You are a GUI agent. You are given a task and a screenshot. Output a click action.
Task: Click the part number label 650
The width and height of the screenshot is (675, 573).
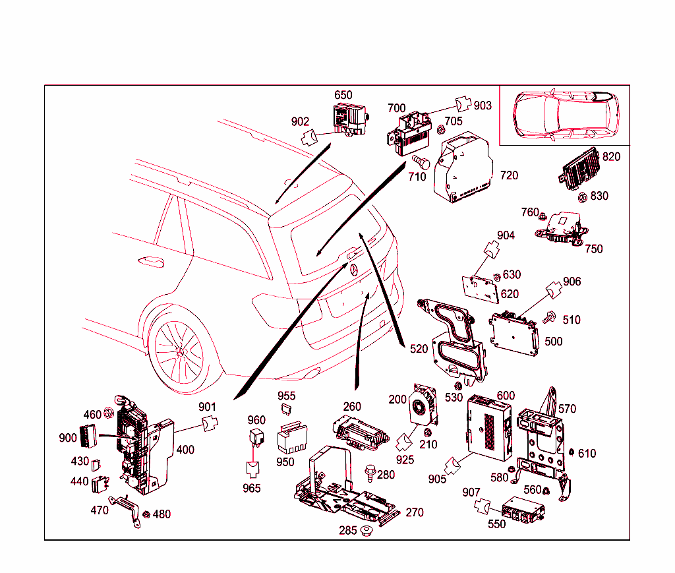pos(343,95)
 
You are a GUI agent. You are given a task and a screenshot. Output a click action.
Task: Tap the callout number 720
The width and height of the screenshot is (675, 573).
pos(509,175)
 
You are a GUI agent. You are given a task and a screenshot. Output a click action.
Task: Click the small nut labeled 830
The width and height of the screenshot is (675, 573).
pos(583,196)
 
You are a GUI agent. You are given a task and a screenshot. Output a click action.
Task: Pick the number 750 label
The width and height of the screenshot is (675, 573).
pos(593,249)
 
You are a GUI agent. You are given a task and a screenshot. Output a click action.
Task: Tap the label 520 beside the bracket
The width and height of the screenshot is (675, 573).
pos(419,349)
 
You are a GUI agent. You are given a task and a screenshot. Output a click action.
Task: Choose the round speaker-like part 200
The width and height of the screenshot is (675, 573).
pos(421,406)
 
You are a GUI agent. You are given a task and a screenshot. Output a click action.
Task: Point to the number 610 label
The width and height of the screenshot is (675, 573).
pos(587,453)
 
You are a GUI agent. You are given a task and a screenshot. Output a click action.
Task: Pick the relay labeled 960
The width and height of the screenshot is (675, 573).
pos(255,437)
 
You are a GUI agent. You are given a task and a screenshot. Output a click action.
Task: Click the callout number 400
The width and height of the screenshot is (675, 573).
pos(185,450)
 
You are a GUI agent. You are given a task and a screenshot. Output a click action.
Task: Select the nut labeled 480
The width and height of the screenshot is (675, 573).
pos(146,514)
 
